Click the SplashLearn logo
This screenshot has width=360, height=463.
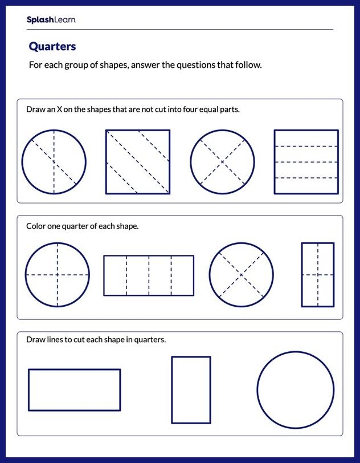(51, 20)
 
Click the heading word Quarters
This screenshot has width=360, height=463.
(52, 46)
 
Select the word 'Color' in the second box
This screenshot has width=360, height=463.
(36, 226)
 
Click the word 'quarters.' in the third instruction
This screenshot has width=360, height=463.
(150, 340)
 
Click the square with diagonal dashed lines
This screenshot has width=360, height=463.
(138, 162)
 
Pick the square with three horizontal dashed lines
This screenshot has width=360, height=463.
(306, 162)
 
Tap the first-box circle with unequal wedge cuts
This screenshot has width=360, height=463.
(54, 162)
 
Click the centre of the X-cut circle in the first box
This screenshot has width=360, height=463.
(222, 162)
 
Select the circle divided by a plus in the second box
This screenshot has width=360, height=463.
(57, 275)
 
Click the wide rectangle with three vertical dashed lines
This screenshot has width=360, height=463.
(148, 275)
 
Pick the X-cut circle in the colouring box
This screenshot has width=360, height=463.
(241, 275)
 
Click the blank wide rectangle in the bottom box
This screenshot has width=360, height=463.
(74, 390)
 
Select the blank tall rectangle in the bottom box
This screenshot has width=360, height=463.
(191, 390)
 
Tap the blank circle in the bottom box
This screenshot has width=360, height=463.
(295, 390)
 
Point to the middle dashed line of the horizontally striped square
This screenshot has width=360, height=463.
(306, 162)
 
